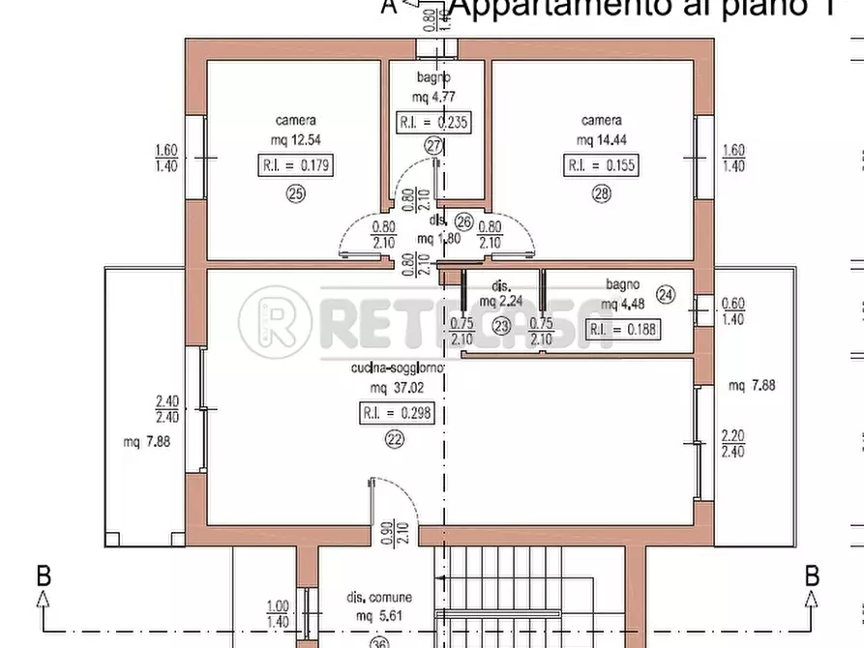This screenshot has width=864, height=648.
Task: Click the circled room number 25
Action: (295, 192)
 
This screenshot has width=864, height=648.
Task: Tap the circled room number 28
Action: (602, 192)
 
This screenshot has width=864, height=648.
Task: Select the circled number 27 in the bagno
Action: (432, 146)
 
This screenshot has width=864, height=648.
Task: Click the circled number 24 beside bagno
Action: (664, 295)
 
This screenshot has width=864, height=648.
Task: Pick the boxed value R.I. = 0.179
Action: (296, 165)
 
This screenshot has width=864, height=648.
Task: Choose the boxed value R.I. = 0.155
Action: (601, 165)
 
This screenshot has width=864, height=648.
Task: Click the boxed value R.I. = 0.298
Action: (396, 413)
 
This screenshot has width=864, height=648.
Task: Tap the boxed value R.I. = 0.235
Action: (434, 122)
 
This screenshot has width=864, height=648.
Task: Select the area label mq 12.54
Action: (295, 138)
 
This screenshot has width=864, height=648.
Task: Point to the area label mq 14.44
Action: (602, 138)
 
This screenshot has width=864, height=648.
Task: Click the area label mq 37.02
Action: (395, 388)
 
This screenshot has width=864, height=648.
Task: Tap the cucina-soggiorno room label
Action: (397, 368)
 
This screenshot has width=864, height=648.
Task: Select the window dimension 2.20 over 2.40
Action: (732, 443)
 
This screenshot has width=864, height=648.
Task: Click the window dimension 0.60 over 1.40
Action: (733, 310)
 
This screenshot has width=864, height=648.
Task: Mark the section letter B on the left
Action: (44, 576)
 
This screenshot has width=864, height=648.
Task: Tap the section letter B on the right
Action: (813, 576)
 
